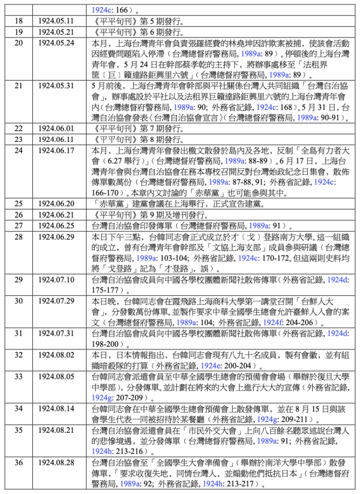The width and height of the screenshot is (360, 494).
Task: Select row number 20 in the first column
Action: (x=19, y=43)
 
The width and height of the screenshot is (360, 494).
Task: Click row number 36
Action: (x=19, y=462)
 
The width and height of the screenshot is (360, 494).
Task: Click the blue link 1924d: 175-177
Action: (x=338, y=279)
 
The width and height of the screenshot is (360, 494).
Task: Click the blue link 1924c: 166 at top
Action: (x=109, y=10)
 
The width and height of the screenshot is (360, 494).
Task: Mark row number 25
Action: (x=19, y=204)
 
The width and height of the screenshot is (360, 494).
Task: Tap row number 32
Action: (x=19, y=355)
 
